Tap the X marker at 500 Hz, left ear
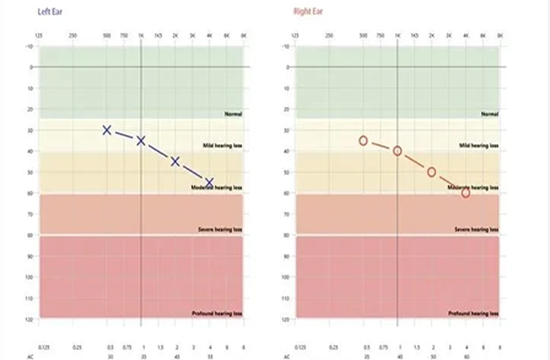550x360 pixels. tap(107, 130)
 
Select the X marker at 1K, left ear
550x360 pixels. tap(141, 141)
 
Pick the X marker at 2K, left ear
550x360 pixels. tap(175, 161)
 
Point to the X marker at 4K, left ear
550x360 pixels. tap(209, 182)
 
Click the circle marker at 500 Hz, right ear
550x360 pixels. tap(363, 141)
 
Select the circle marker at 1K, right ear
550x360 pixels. tap(397, 151)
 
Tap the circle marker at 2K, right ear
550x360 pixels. tap(432, 172)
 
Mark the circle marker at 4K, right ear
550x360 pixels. tap(466, 193)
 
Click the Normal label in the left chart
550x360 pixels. tap(232, 115)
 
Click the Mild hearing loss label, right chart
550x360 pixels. tap(478, 145)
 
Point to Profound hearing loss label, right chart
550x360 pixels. tap(476, 314)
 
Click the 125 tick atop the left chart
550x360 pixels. tap(39, 35)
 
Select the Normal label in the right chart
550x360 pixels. tap(489, 115)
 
